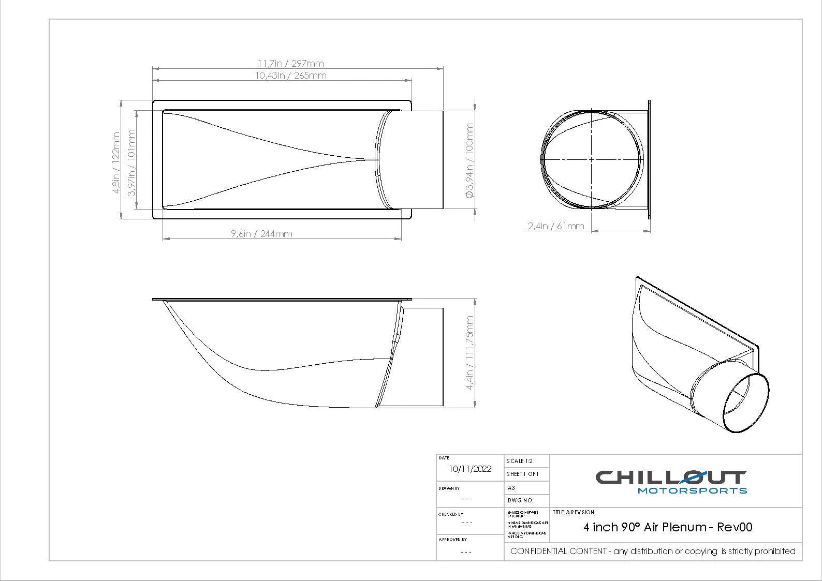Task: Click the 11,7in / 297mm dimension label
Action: click(x=290, y=64)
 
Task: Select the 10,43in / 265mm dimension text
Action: click(x=290, y=76)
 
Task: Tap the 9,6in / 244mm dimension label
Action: click(x=261, y=234)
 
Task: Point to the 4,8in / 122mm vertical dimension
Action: click(x=116, y=162)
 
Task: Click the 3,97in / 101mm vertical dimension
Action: click(x=131, y=162)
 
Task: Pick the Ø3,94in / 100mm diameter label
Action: click(x=469, y=160)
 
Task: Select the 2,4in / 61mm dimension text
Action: click(x=556, y=226)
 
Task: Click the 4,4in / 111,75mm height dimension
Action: click(x=469, y=353)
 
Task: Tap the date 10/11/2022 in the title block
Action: click(x=470, y=469)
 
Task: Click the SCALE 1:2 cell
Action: click(x=520, y=461)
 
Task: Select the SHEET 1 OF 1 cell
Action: click(x=523, y=474)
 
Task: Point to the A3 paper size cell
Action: click(x=511, y=488)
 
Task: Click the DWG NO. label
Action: click(x=520, y=501)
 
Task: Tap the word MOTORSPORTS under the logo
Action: click(x=692, y=490)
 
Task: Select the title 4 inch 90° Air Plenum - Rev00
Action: click(x=668, y=527)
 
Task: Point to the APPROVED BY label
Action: click(x=453, y=540)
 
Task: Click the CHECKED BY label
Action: click(x=451, y=514)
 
